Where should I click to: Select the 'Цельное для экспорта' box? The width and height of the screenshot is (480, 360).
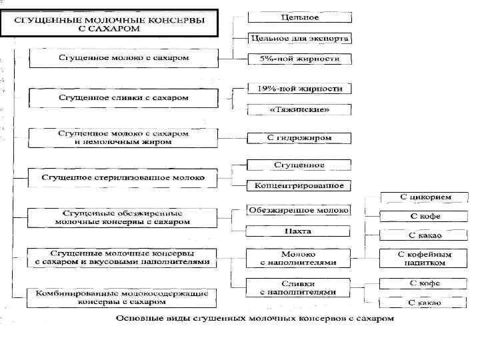click(299, 38)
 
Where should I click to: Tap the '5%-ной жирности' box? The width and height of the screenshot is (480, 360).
click(299, 59)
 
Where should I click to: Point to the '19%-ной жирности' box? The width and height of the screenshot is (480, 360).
click(299, 89)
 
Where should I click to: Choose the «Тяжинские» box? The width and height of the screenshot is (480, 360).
click(299, 109)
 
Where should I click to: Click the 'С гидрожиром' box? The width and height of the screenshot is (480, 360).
click(299, 138)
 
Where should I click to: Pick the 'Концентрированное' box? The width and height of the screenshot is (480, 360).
click(299, 185)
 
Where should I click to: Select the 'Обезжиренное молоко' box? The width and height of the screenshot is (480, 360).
click(299, 210)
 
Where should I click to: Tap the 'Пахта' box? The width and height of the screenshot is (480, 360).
click(299, 231)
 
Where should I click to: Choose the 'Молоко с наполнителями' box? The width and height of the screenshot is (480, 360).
click(299, 258)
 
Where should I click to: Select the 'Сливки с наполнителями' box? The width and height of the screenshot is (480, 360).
click(299, 287)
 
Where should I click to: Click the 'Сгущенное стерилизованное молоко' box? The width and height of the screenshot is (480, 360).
click(123, 178)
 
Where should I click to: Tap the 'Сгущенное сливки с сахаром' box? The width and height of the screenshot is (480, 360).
click(123, 98)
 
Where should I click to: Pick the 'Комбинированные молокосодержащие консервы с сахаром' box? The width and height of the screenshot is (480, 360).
click(123, 297)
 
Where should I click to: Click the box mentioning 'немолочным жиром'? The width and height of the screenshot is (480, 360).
click(123, 137)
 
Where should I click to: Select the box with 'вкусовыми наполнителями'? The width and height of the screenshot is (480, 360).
click(123, 258)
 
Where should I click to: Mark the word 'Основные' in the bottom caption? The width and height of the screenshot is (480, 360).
click(139, 319)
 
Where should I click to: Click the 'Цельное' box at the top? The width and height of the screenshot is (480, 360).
click(299, 16)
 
